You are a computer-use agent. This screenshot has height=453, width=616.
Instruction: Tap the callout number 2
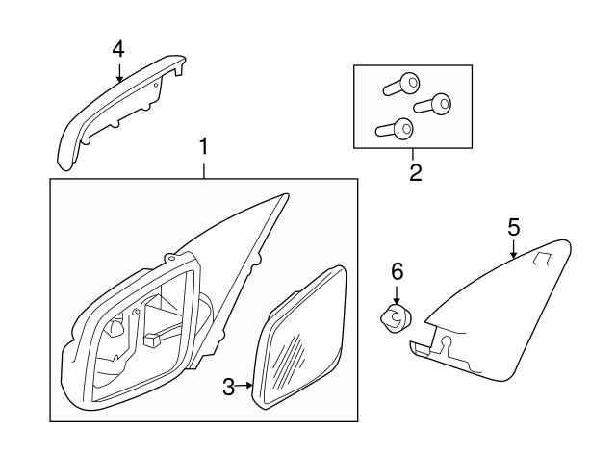point(415,173)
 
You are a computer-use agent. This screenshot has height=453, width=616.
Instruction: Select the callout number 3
point(229,388)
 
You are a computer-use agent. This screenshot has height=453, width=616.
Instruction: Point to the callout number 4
point(117,47)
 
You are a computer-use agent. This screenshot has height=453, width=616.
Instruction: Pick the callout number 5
point(513,227)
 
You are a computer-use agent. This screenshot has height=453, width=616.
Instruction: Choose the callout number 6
point(396,273)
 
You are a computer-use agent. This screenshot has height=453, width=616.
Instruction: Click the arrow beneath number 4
point(118,72)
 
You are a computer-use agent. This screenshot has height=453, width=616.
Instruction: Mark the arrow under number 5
point(514,250)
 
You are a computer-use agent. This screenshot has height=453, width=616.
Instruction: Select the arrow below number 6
point(396,295)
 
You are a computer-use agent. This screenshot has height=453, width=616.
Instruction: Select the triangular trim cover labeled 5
point(500,308)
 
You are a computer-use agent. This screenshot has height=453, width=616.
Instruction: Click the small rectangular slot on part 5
point(542,257)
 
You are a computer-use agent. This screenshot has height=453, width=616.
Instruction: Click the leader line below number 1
point(203,169)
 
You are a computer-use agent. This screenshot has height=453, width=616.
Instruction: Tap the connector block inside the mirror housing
point(153,339)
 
